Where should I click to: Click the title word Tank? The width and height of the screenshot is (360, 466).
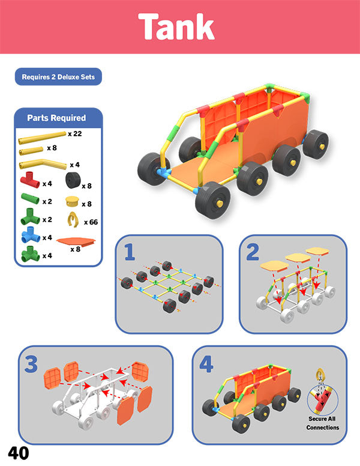[176, 26]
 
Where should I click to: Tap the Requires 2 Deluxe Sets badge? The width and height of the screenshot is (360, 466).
[58, 77]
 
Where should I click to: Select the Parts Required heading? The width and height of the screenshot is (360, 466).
[56, 118]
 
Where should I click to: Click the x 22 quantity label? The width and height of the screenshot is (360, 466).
[75, 134]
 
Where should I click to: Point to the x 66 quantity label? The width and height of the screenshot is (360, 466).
[91, 222]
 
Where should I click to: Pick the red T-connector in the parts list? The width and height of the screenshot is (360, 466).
[30, 180]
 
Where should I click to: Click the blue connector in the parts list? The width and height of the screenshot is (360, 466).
[31, 235]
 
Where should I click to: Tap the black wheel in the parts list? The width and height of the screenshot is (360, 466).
[73, 180]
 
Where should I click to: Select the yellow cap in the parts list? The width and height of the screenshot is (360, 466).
[72, 201]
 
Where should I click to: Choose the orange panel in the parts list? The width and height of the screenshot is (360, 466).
[76, 241]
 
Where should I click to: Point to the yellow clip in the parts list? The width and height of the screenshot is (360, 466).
[73, 219]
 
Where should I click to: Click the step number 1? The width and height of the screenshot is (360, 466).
[130, 252]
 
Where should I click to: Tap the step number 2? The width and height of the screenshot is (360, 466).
[253, 252]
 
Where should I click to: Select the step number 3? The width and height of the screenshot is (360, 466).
[31, 364]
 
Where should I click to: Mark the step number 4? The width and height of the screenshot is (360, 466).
[206, 364]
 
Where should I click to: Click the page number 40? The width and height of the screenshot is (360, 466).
[19, 453]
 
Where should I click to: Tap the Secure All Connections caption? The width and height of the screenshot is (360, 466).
[323, 423]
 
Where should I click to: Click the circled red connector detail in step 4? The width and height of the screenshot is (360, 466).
[322, 400]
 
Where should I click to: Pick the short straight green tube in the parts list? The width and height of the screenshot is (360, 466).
[30, 199]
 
